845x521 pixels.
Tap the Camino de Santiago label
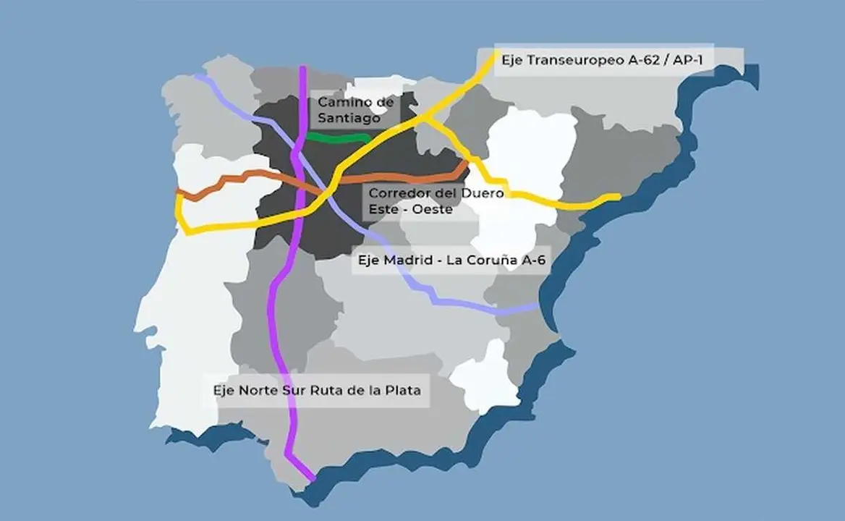click(356, 111)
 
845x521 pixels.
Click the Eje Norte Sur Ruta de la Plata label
click(316, 389)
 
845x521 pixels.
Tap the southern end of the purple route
click(313, 479)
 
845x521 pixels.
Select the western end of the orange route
click(179, 192)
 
